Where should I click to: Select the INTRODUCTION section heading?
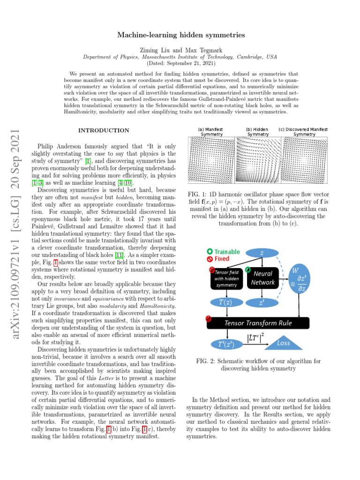point(104,130)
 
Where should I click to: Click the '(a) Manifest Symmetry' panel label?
point(211,132)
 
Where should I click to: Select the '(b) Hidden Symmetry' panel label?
point(257,132)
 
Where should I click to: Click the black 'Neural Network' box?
point(262,278)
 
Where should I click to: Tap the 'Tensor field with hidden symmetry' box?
point(227,278)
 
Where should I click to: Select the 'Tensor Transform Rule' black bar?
point(264,323)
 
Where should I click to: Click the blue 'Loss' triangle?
point(284,344)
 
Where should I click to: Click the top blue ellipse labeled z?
point(262,253)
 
